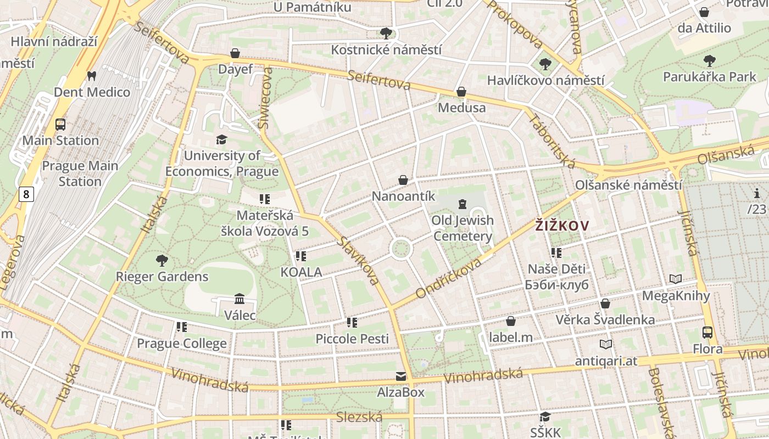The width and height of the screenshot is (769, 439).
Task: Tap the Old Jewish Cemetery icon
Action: click(462, 205)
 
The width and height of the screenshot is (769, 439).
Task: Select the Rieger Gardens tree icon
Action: click(161, 260)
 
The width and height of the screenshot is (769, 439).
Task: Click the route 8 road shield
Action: click(26, 194)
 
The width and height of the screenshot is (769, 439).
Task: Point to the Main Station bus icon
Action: click(60, 125)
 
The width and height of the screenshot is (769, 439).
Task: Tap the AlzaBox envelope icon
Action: click(401, 376)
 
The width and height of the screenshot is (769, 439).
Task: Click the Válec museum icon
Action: click(239, 299)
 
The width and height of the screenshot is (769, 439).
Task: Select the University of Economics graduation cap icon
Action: click(221, 139)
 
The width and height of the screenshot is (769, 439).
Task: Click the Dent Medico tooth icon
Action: click(92, 76)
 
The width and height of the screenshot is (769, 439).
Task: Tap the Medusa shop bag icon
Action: click(461, 92)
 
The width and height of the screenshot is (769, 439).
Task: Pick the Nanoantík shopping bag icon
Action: click(403, 180)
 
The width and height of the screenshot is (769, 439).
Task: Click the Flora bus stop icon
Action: click(707, 333)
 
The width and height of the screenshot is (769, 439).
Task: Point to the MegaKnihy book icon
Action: click(676, 279)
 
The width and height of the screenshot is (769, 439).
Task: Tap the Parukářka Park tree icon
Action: click(710, 60)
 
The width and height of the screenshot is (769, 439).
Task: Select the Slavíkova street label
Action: click(358, 261)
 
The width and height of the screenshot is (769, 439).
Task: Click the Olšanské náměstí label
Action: click(628, 185)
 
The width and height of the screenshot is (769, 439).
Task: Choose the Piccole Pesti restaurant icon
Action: click(352, 323)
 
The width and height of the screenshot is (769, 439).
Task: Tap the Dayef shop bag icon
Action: click(235, 53)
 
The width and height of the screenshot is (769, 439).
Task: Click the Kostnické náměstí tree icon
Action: click(386, 33)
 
